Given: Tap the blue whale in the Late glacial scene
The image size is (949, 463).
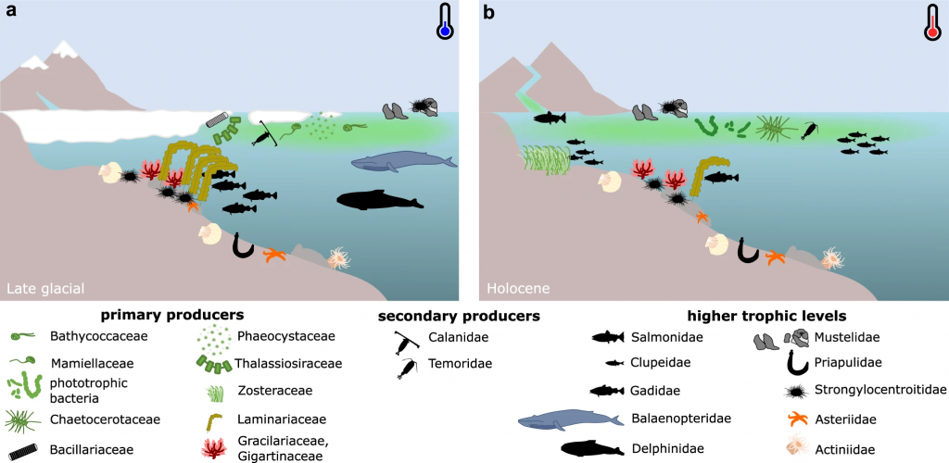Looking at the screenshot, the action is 404,162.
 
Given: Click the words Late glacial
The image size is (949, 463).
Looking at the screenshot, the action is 45,288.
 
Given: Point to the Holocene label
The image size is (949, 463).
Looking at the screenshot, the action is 517,288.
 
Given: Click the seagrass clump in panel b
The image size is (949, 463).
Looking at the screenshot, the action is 543,159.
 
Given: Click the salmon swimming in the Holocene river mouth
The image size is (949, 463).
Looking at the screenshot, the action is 550,118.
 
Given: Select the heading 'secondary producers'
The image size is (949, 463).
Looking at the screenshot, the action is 459,316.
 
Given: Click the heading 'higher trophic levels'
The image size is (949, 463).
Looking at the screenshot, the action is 766,316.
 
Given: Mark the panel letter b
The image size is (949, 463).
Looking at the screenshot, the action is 489,11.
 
